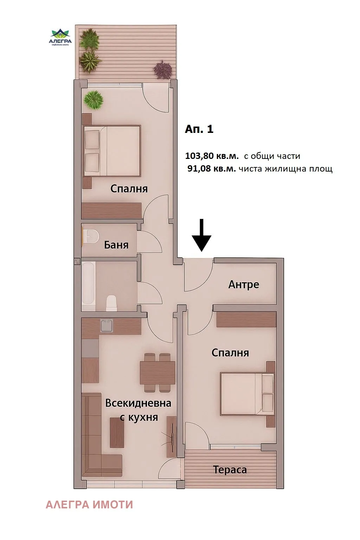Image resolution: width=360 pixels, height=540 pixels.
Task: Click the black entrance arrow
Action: (201, 235)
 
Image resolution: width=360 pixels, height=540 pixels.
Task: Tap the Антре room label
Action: (244, 284)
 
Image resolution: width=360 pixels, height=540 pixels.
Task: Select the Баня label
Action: (116, 245)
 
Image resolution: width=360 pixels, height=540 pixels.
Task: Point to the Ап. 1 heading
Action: (199, 129)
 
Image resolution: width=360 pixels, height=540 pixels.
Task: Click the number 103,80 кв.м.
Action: (212, 156)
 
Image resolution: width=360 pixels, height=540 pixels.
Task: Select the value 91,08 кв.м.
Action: (212, 168)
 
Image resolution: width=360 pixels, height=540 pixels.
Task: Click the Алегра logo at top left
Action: (60, 37)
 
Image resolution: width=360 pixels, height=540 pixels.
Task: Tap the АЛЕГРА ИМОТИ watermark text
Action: (89, 504)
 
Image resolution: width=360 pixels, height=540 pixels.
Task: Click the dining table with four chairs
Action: (157, 372)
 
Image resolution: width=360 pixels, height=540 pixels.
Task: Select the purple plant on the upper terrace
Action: (163, 69)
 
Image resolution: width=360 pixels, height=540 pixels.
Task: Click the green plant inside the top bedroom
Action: (93, 100)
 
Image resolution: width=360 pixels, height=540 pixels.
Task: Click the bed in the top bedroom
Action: (112, 151)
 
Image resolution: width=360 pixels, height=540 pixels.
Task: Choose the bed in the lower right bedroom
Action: (247, 394)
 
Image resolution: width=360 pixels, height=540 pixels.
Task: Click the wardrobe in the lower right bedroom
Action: (246, 319)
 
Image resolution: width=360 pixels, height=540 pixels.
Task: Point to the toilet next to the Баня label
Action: (91, 236)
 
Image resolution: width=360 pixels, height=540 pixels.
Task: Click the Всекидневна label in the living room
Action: (138, 403)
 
